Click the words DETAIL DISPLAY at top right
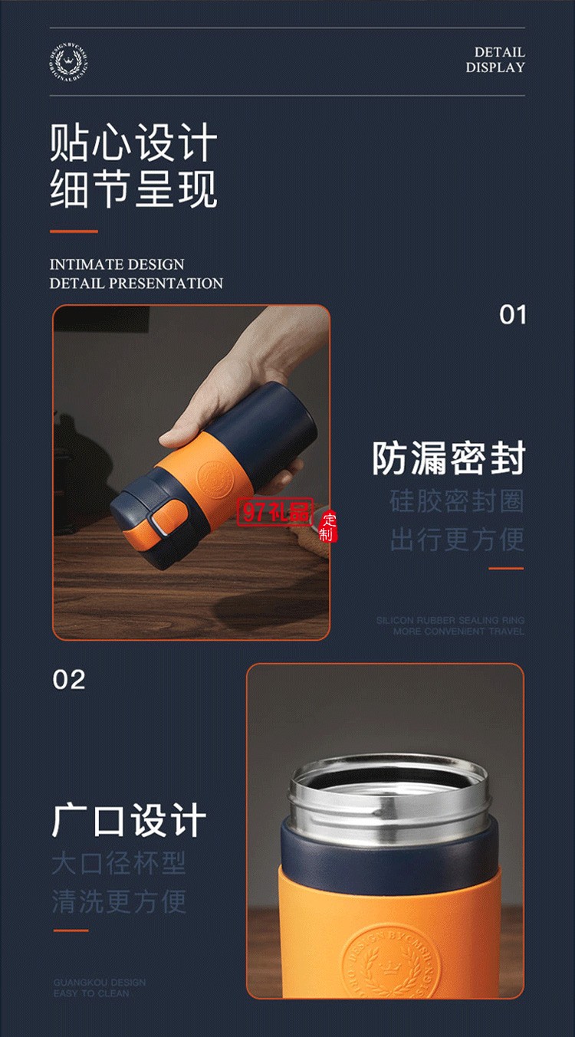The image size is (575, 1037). [x=495, y=60]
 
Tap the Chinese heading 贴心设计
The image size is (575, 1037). [x=133, y=143]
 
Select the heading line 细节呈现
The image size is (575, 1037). [x=133, y=189]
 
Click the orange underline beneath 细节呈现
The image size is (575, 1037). [x=74, y=231]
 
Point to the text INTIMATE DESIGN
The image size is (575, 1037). [x=117, y=264]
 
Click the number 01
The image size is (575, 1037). [x=512, y=315]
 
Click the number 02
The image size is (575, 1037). [x=69, y=679]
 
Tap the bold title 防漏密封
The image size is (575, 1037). [x=449, y=458]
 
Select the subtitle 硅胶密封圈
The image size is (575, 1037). [x=456, y=501]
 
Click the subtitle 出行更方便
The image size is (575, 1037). [x=456, y=539]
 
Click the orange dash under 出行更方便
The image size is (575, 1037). [x=506, y=569]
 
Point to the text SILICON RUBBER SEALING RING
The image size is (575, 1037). [x=450, y=620]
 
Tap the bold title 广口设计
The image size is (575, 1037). [x=129, y=821]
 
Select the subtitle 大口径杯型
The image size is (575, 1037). [x=119, y=863]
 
